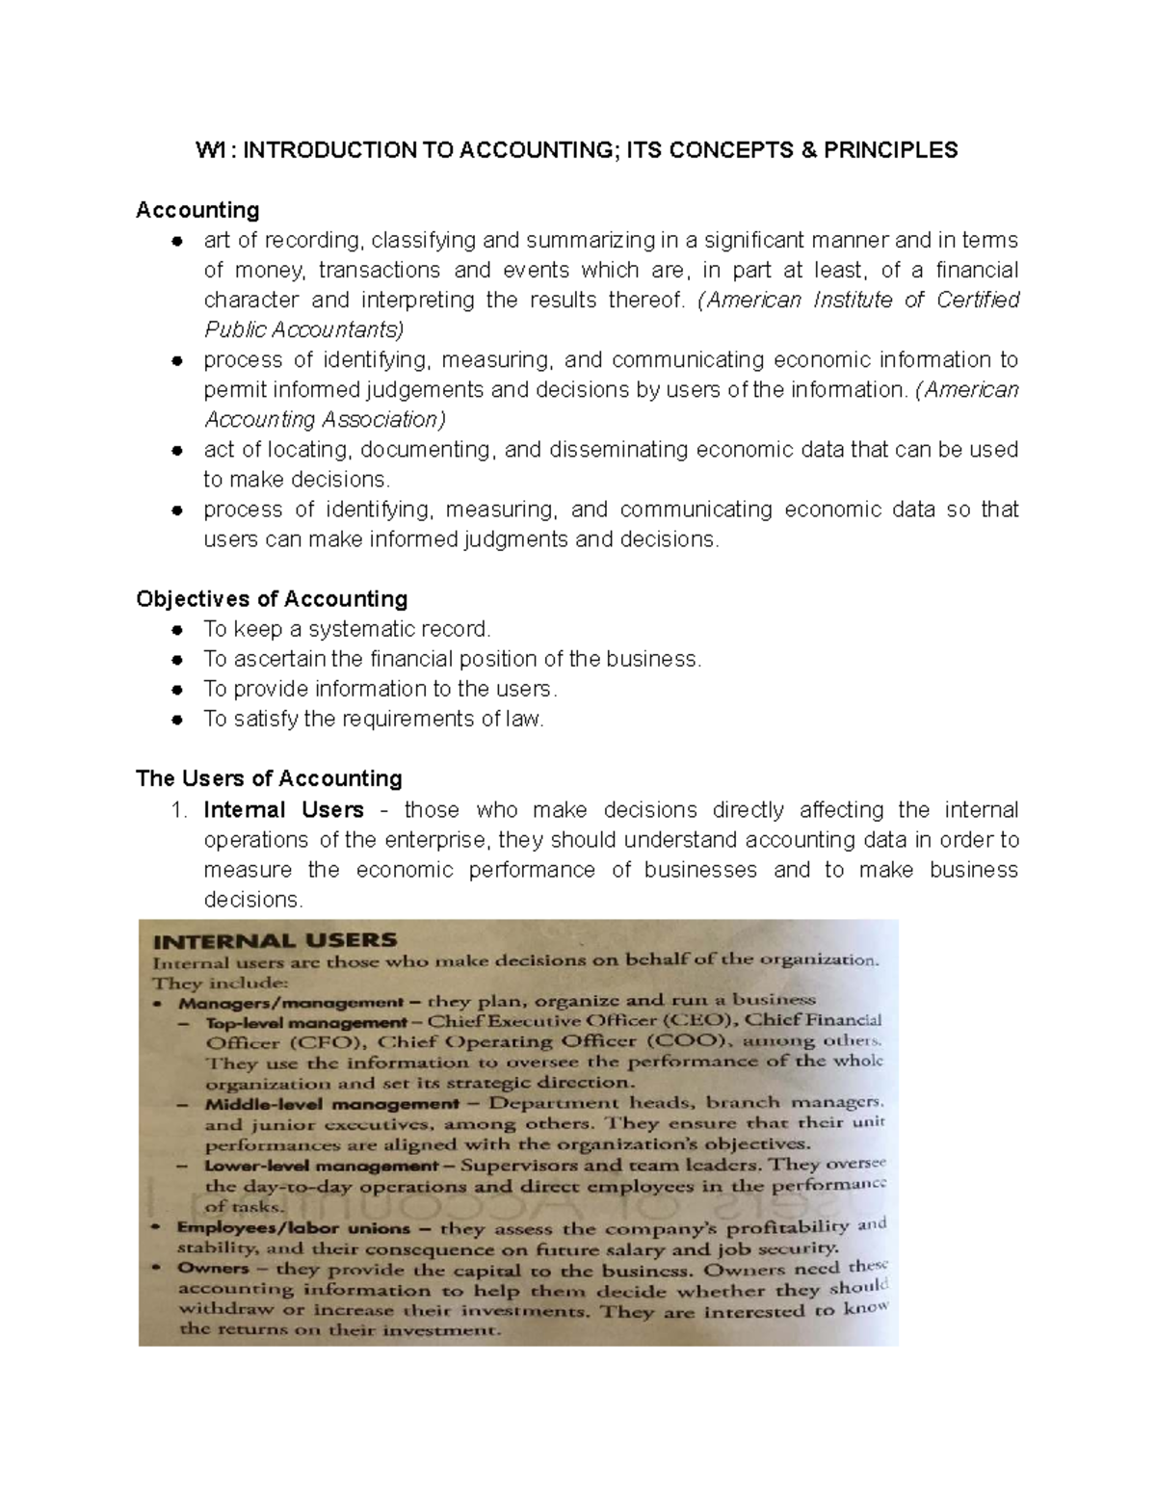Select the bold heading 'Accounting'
197,210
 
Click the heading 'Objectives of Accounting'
272,599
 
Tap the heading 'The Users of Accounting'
269,778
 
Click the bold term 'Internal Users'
283,809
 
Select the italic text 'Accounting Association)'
325,420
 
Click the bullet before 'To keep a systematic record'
177,630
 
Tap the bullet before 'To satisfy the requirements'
177,720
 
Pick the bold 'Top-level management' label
306,1022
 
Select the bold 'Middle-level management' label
331,1104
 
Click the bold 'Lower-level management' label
322,1166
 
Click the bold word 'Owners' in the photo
213,1269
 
